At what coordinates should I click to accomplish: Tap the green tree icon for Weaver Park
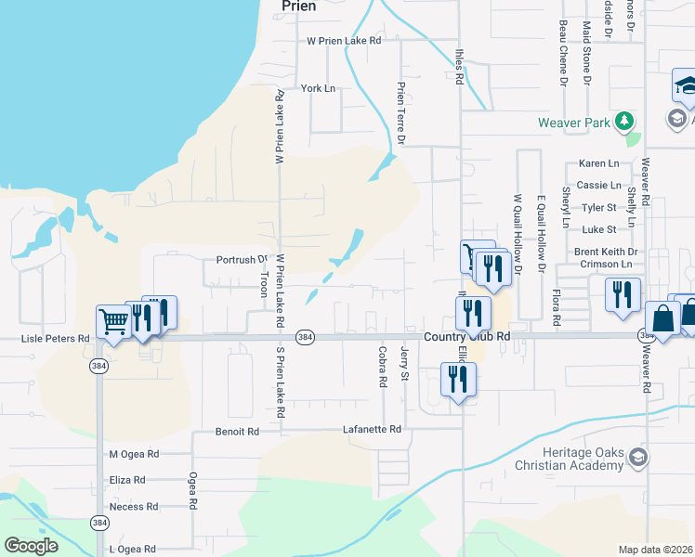(x=626, y=122)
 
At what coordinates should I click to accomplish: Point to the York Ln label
(x=317, y=88)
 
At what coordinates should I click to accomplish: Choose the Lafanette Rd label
(x=371, y=429)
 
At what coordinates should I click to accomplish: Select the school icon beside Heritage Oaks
(x=637, y=457)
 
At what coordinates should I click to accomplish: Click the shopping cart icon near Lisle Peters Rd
(x=113, y=322)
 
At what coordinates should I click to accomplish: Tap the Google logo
(x=31, y=546)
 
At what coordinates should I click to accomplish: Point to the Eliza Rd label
(x=127, y=480)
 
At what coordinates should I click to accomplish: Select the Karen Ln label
(x=598, y=163)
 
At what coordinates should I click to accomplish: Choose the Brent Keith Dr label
(x=605, y=252)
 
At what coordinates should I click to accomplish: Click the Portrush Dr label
(x=241, y=260)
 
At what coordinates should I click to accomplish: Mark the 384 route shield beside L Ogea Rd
(x=98, y=524)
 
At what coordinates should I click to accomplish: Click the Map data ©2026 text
(x=655, y=550)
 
